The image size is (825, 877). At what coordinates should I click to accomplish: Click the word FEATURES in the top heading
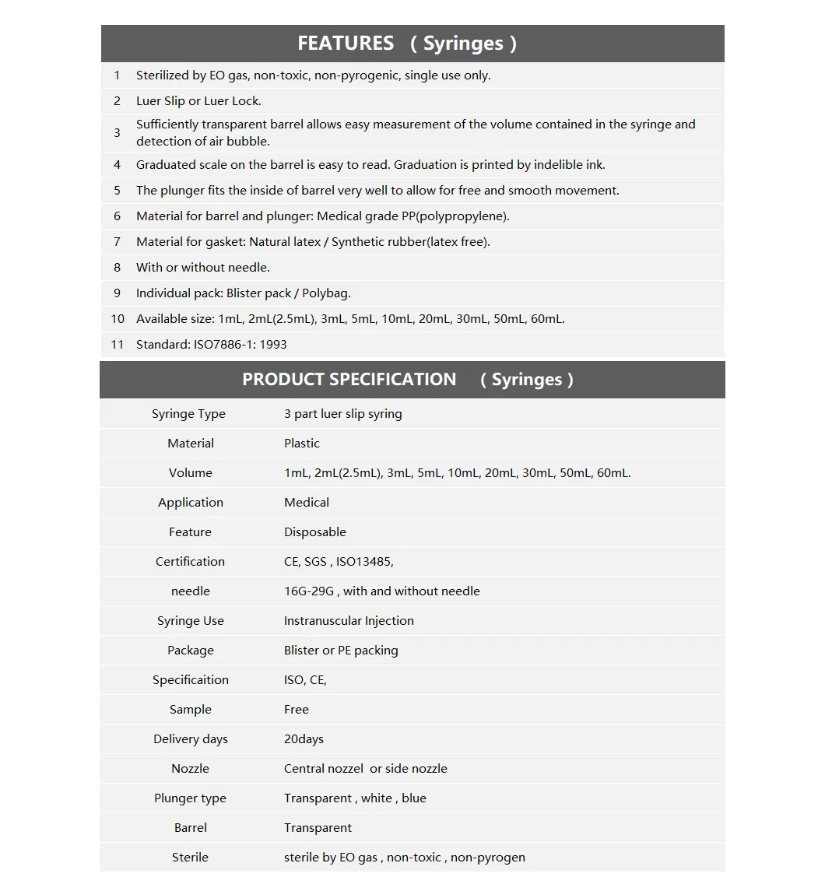346,44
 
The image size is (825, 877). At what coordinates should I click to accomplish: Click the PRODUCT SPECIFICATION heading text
349,380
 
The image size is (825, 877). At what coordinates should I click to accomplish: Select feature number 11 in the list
118,345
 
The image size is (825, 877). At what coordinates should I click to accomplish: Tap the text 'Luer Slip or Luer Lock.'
198,101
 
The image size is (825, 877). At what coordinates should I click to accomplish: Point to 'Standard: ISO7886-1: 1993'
211,345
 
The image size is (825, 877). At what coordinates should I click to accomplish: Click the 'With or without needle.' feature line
202,268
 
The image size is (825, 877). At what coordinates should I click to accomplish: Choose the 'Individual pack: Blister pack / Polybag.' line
243,293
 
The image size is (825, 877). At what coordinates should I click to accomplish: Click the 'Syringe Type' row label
188,414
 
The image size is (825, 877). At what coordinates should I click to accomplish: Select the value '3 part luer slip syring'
342,414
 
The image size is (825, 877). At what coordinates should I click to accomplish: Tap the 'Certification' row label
190,562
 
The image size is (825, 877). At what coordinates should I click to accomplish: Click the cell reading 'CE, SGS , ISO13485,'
339,562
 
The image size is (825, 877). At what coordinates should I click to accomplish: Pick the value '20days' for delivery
304,739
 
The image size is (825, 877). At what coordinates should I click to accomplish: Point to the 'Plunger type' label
190,798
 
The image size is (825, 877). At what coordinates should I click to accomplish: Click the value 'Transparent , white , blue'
355,798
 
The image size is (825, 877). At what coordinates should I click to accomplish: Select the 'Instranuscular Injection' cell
349,621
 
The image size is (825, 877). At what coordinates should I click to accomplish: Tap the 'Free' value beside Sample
296,710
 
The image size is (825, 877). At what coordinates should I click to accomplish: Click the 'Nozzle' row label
190,769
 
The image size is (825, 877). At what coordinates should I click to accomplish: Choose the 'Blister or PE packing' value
341,651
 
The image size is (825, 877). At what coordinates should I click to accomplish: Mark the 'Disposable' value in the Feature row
314,532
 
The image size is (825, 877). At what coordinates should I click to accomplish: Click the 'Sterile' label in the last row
190,858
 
